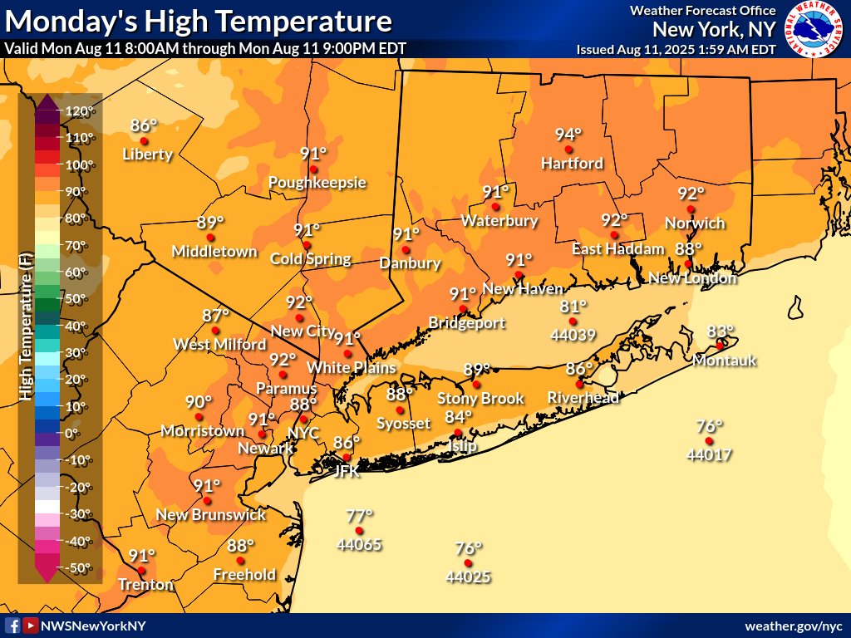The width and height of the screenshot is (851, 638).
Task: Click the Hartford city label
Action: (x=572, y=164)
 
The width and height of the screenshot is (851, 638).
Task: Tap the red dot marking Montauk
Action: (x=720, y=346)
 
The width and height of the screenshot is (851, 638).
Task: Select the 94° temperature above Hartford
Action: (x=568, y=135)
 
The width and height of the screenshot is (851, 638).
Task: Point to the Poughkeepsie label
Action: (x=317, y=183)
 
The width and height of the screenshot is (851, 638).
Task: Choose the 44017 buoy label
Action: (x=708, y=454)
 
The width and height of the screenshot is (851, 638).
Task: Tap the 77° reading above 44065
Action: (x=360, y=516)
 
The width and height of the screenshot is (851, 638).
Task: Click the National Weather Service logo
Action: (x=814, y=29)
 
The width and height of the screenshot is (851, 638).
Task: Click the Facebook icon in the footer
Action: (x=12, y=626)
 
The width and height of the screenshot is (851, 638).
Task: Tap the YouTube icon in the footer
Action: (x=31, y=626)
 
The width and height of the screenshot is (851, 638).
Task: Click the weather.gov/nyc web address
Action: (x=793, y=626)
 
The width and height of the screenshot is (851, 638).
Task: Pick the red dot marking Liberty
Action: (x=144, y=140)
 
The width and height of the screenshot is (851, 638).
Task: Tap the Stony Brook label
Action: (x=480, y=399)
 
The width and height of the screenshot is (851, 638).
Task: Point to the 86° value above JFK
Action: (x=347, y=443)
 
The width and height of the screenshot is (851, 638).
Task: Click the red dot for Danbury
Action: (x=406, y=249)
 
